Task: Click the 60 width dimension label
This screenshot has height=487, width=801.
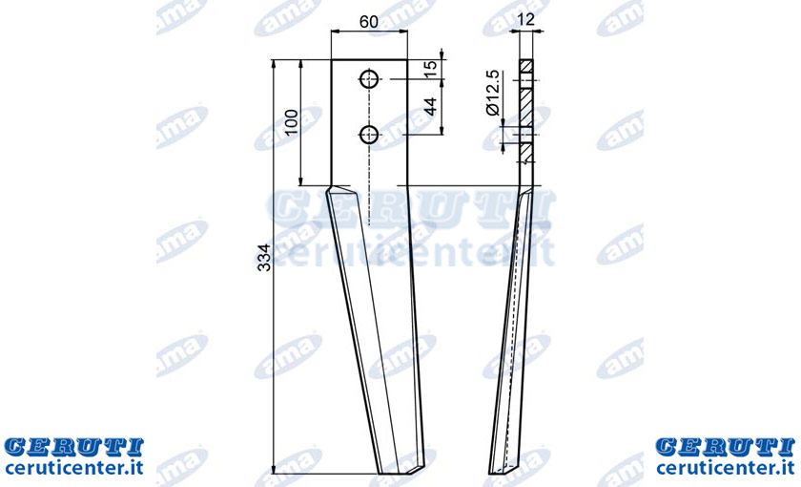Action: pos(369,22)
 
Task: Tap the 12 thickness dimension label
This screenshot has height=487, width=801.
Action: pos(525,19)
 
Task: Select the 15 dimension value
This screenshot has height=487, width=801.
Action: pos(431,69)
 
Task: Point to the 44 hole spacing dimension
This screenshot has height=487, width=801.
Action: pos(431,106)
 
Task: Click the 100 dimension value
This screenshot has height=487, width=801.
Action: pos(291,122)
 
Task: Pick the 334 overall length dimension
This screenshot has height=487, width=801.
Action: pos(264,257)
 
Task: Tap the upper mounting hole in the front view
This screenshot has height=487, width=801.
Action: pos(369,79)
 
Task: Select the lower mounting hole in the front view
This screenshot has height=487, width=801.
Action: pos(369,135)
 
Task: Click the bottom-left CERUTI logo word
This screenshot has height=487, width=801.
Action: pos(74,447)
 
